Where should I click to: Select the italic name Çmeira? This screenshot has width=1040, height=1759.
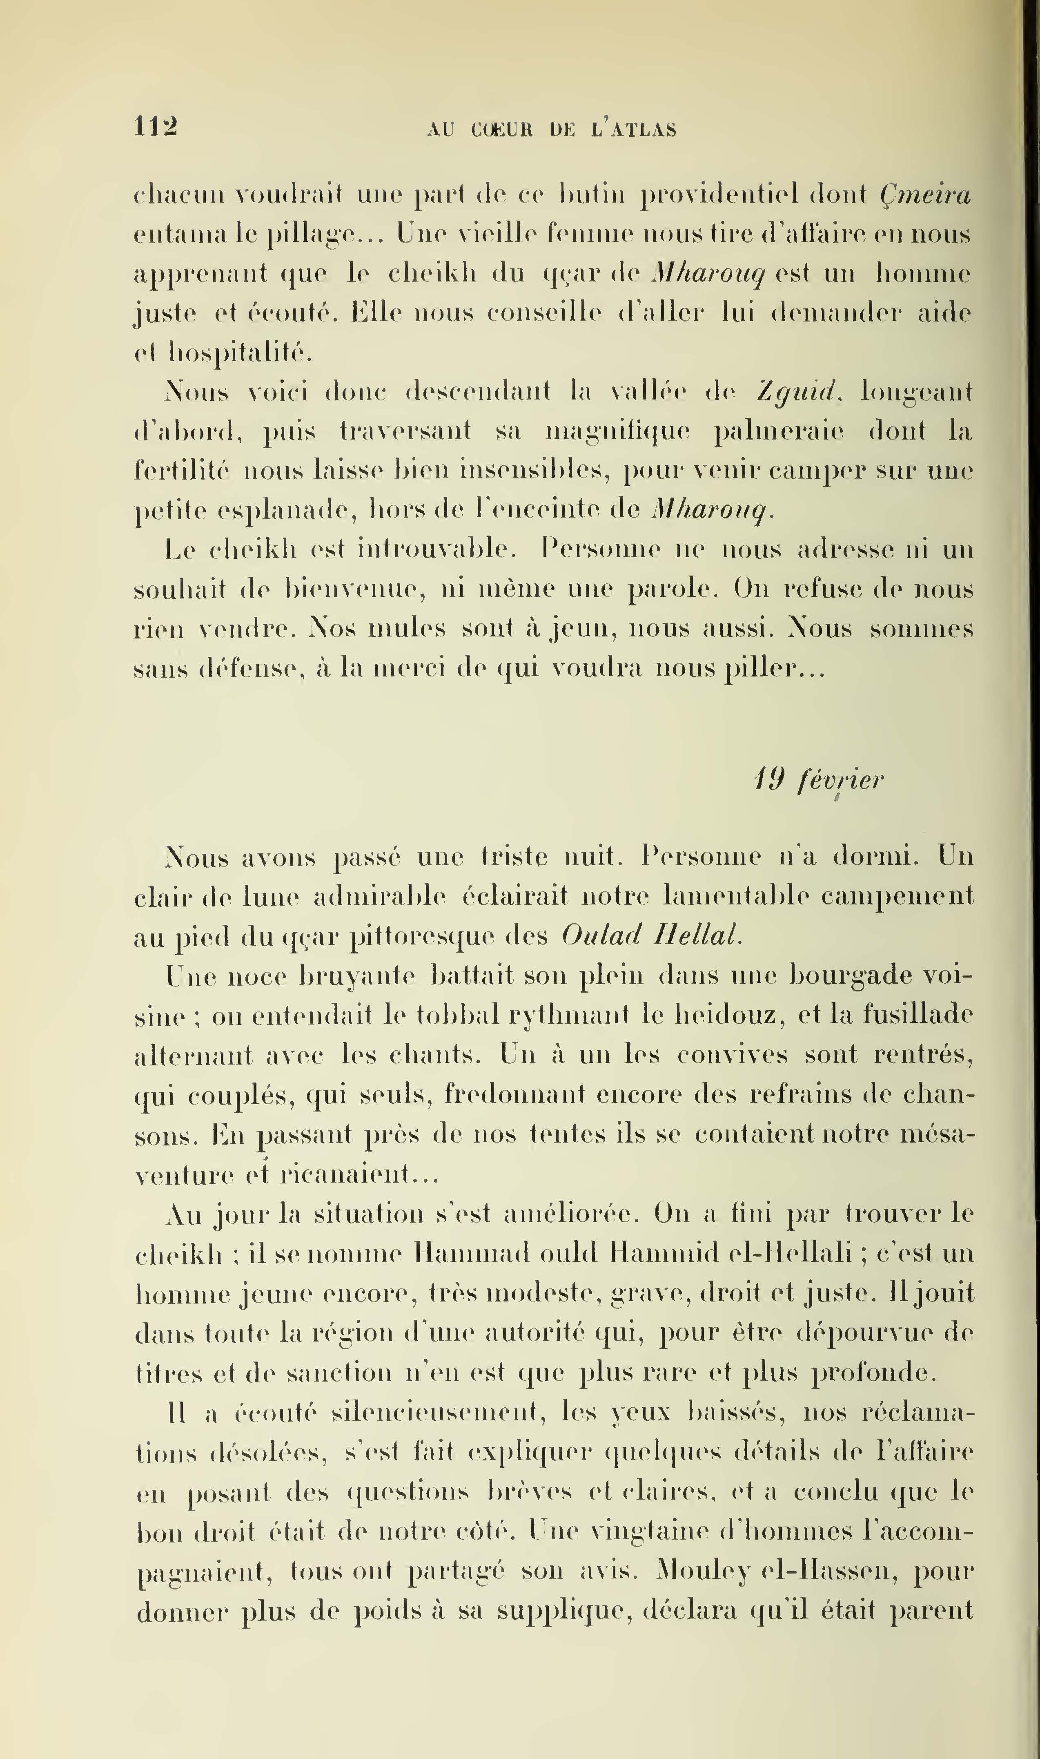coord(925,195)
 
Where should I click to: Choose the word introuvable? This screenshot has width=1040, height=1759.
coord(436,549)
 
